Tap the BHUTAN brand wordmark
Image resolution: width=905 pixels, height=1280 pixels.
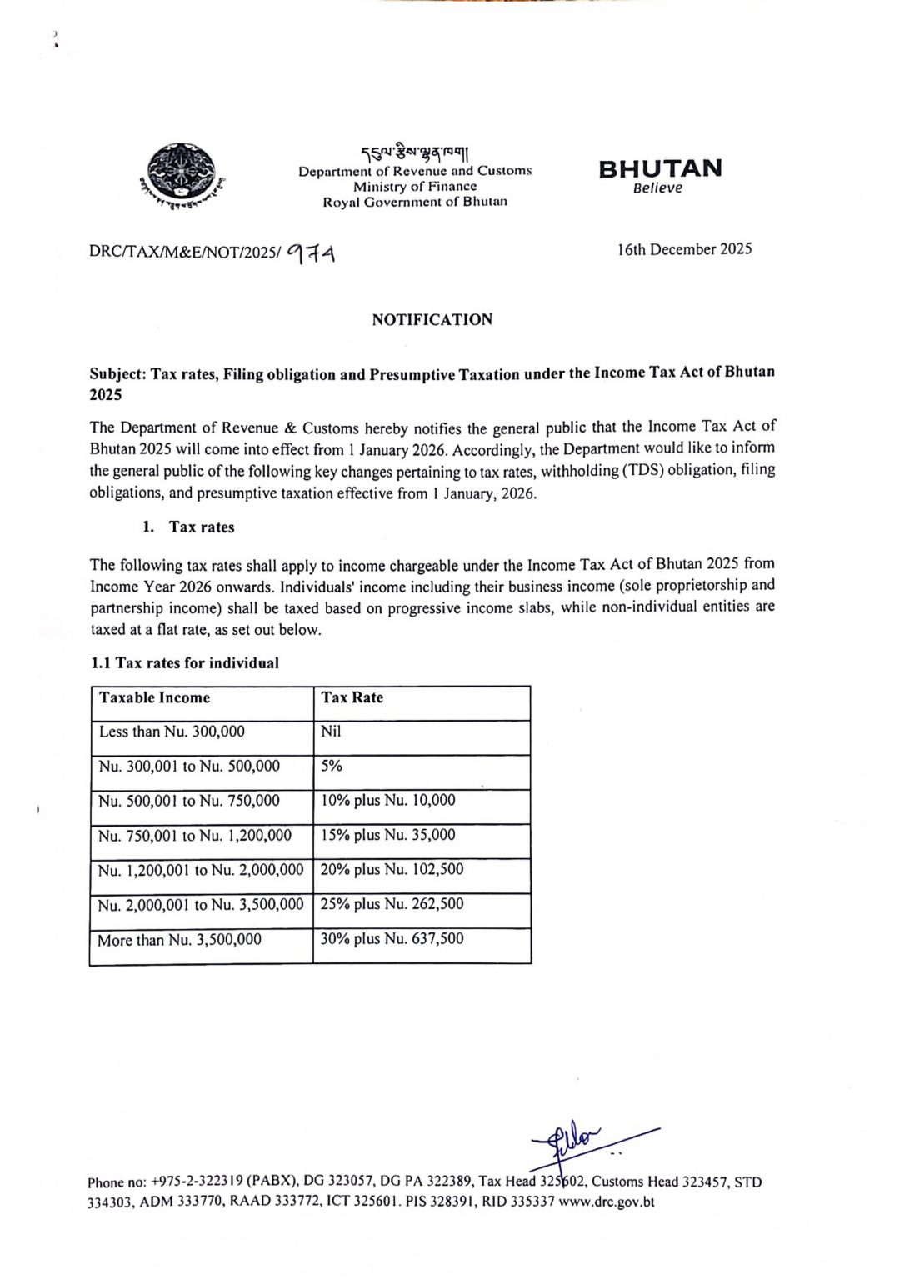coord(660,169)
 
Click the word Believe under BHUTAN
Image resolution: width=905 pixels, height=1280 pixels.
coord(657,188)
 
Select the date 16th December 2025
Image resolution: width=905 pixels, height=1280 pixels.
coord(684,249)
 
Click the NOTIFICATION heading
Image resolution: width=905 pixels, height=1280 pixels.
coord(432,319)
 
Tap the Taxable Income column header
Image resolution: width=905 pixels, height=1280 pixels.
coord(155,698)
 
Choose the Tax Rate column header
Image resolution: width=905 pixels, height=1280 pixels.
coord(352,698)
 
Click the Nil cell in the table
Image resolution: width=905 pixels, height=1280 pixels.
coord(331,732)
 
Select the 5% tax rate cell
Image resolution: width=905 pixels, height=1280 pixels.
coord(332,766)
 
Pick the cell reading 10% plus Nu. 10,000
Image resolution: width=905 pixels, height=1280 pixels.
coord(388,801)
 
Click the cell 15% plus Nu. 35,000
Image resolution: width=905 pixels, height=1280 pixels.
coord(388,835)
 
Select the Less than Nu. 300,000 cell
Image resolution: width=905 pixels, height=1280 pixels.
coord(172,732)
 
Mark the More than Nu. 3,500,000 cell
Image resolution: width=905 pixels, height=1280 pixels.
coord(179,940)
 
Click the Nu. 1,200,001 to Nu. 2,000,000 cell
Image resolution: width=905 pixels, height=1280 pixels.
coord(201,870)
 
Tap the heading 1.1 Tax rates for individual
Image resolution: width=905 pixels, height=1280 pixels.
coord(185,663)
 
